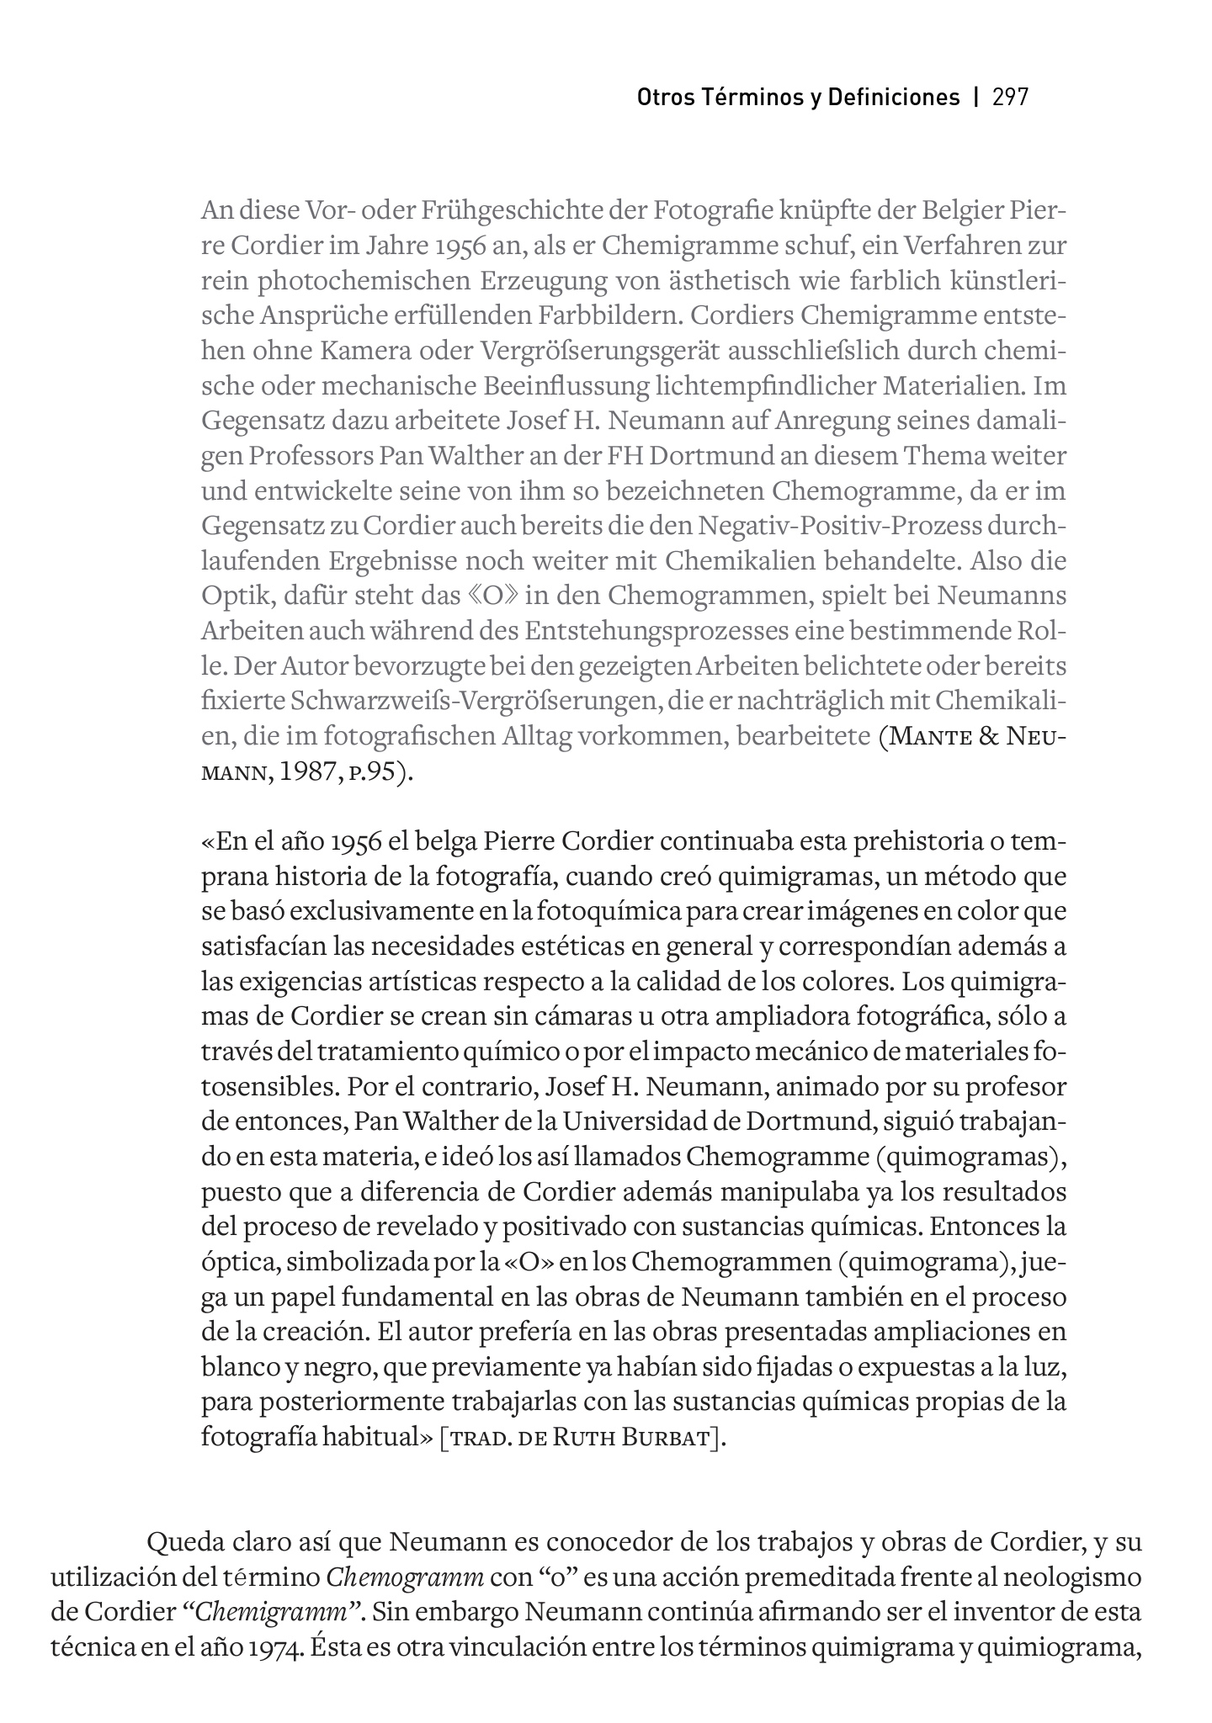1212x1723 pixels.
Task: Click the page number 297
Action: pyautogui.click(x=1011, y=97)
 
